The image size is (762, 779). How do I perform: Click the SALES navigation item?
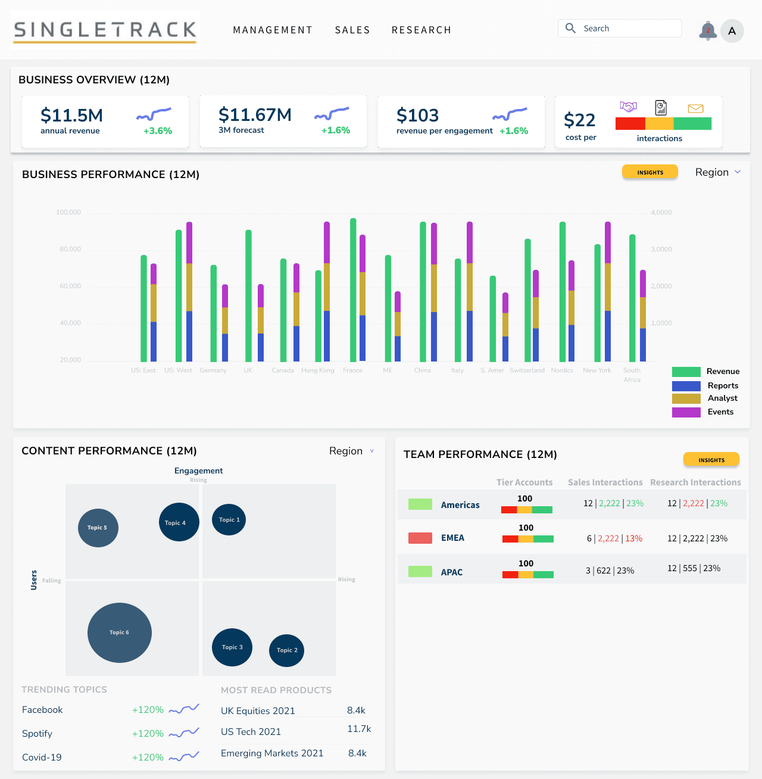352,30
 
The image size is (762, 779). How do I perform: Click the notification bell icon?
707,31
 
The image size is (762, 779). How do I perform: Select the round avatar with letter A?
732,31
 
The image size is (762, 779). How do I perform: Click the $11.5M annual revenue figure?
71,116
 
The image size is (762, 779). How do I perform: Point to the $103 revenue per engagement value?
417,116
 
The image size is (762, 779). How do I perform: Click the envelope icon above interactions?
695,108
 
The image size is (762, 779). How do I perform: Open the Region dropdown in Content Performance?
352,451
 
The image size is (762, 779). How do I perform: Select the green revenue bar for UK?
248,295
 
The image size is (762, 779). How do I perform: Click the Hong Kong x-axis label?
318,370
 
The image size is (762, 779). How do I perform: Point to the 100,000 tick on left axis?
68,213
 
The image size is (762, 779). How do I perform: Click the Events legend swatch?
686,412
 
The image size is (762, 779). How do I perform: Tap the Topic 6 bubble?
120,632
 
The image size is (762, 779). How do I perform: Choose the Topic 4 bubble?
179,522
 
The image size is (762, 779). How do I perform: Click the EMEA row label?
452,538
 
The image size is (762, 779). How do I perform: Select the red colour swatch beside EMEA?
420,538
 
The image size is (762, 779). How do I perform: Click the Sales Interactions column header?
605,482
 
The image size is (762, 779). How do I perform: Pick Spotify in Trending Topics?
37,734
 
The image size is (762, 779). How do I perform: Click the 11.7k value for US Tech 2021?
359,729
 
